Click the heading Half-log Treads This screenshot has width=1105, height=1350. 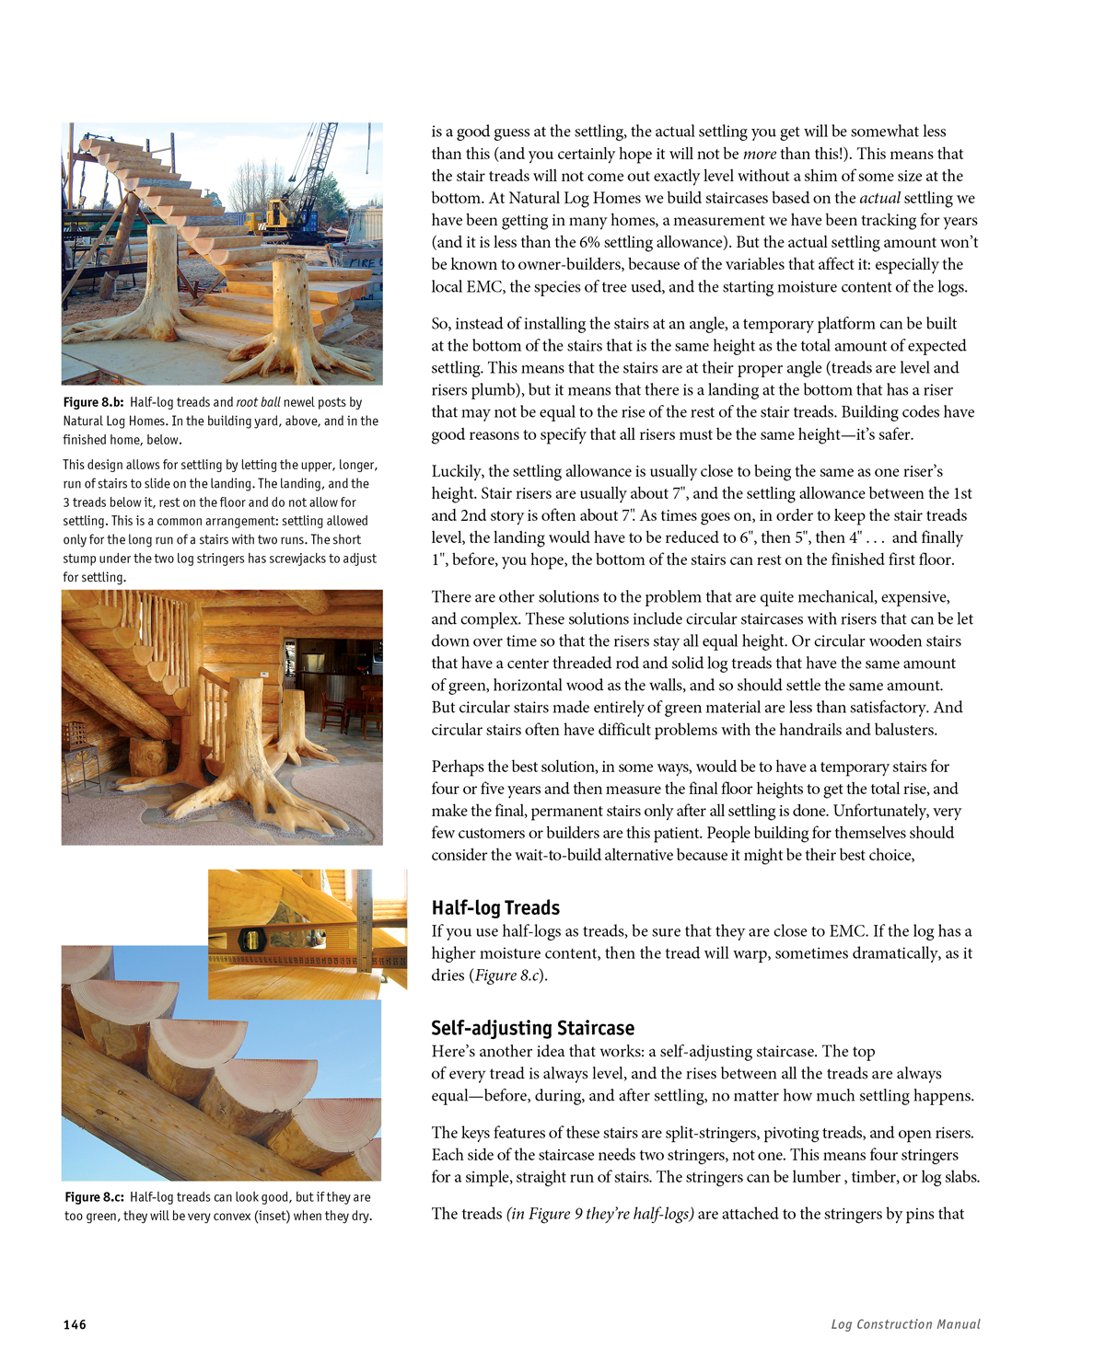tap(495, 908)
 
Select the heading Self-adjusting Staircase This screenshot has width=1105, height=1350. tap(532, 1028)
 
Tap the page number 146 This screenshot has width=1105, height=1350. tap(75, 1324)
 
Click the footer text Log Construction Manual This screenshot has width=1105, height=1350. tap(905, 1324)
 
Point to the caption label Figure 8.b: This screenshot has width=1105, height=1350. tap(93, 402)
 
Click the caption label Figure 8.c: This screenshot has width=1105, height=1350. tap(94, 1197)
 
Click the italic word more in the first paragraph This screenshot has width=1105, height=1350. tap(760, 154)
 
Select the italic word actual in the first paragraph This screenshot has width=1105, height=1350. tap(879, 198)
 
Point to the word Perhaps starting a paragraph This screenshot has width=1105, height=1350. tap(459, 767)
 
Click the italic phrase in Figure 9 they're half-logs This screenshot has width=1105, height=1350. tap(599, 1214)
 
